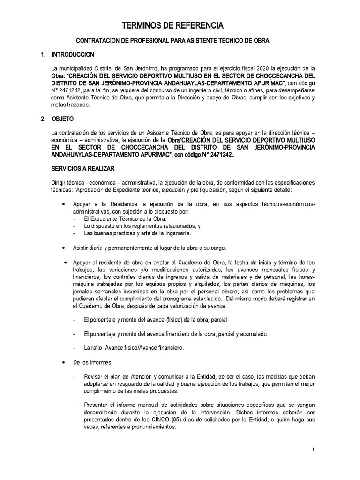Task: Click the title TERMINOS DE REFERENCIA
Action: (x=171, y=25)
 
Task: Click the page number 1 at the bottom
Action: (x=313, y=450)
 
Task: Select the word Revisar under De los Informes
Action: (x=95, y=377)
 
